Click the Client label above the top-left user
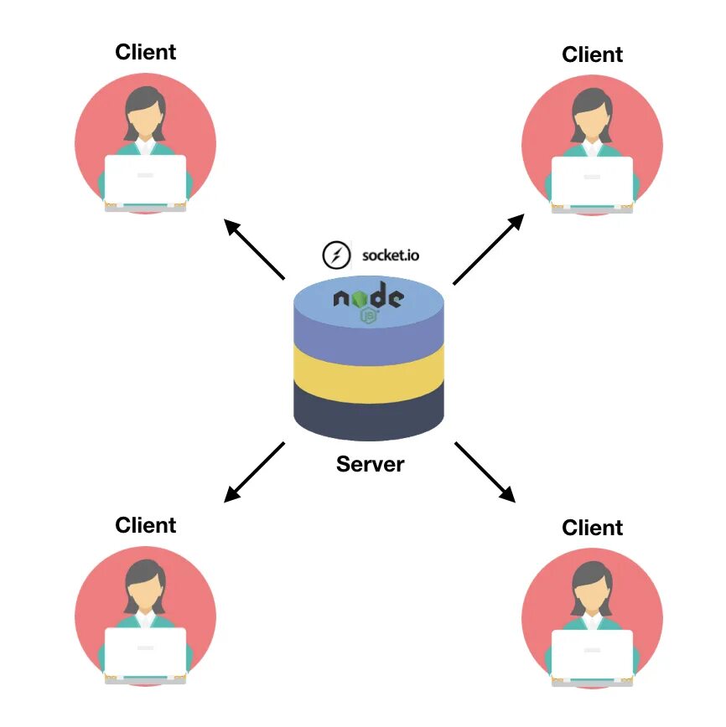click(x=146, y=52)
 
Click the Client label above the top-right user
click(x=593, y=54)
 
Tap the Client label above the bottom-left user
click(x=146, y=525)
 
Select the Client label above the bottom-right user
click(x=593, y=528)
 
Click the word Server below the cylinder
click(x=370, y=464)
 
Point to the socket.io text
click(x=389, y=254)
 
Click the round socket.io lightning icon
click(x=336, y=254)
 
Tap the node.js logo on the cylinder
click(x=369, y=301)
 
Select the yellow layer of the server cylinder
click(x=369, y=374)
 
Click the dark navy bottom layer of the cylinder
click(x=369, y=415)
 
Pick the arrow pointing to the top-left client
click(x=255, y=249)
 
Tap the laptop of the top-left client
click(x=145, y=179)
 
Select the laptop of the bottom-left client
click(x=145, y=652)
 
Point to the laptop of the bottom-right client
click(x=592, y=654)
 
